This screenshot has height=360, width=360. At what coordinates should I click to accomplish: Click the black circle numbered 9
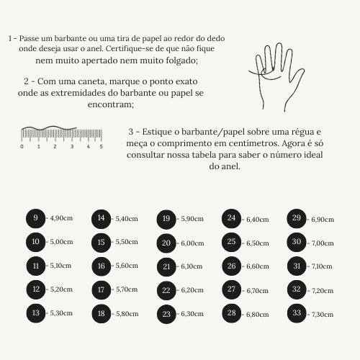pos(35,218)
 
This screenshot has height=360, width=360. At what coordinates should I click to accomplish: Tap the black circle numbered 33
pos(297,313)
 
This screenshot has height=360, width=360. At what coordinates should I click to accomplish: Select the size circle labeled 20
pos(166,243)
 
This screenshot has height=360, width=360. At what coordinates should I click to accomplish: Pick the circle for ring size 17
pos(102,290)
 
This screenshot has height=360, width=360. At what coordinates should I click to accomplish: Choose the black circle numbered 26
pos(231,266)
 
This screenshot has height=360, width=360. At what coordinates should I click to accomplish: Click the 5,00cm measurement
pos(61,242)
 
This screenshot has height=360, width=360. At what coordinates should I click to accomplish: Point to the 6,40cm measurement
pos(258,220)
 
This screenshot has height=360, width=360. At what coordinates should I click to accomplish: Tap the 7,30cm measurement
pos(323,315)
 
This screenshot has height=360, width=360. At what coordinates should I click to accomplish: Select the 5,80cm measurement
pos(127,314)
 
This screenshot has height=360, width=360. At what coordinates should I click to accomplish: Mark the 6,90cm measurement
pos(323,220)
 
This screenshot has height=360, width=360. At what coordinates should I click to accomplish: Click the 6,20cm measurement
pos(192,290)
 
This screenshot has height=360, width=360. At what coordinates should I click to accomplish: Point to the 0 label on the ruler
pos(22,146)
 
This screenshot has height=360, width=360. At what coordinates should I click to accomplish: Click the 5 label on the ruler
pos(102,146)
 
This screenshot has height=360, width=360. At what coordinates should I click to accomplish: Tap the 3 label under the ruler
pos(72,146)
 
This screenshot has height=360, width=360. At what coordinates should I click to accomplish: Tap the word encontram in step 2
pos(111,104)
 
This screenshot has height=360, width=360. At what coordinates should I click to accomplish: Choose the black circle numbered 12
pos(36,289)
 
